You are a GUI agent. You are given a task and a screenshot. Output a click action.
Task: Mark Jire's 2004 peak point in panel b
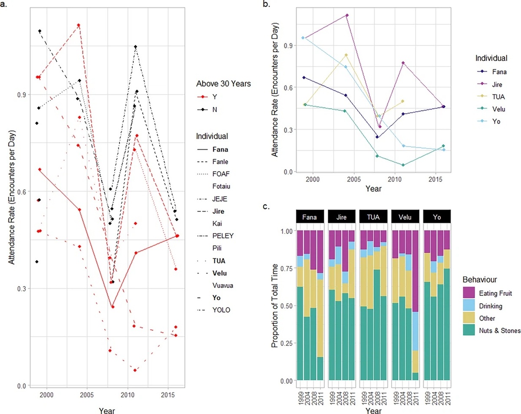click(347, 15)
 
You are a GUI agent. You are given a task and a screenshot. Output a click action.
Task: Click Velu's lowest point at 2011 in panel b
click(403, 165)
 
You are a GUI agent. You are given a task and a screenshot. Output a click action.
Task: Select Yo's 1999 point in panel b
click(303, 38)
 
